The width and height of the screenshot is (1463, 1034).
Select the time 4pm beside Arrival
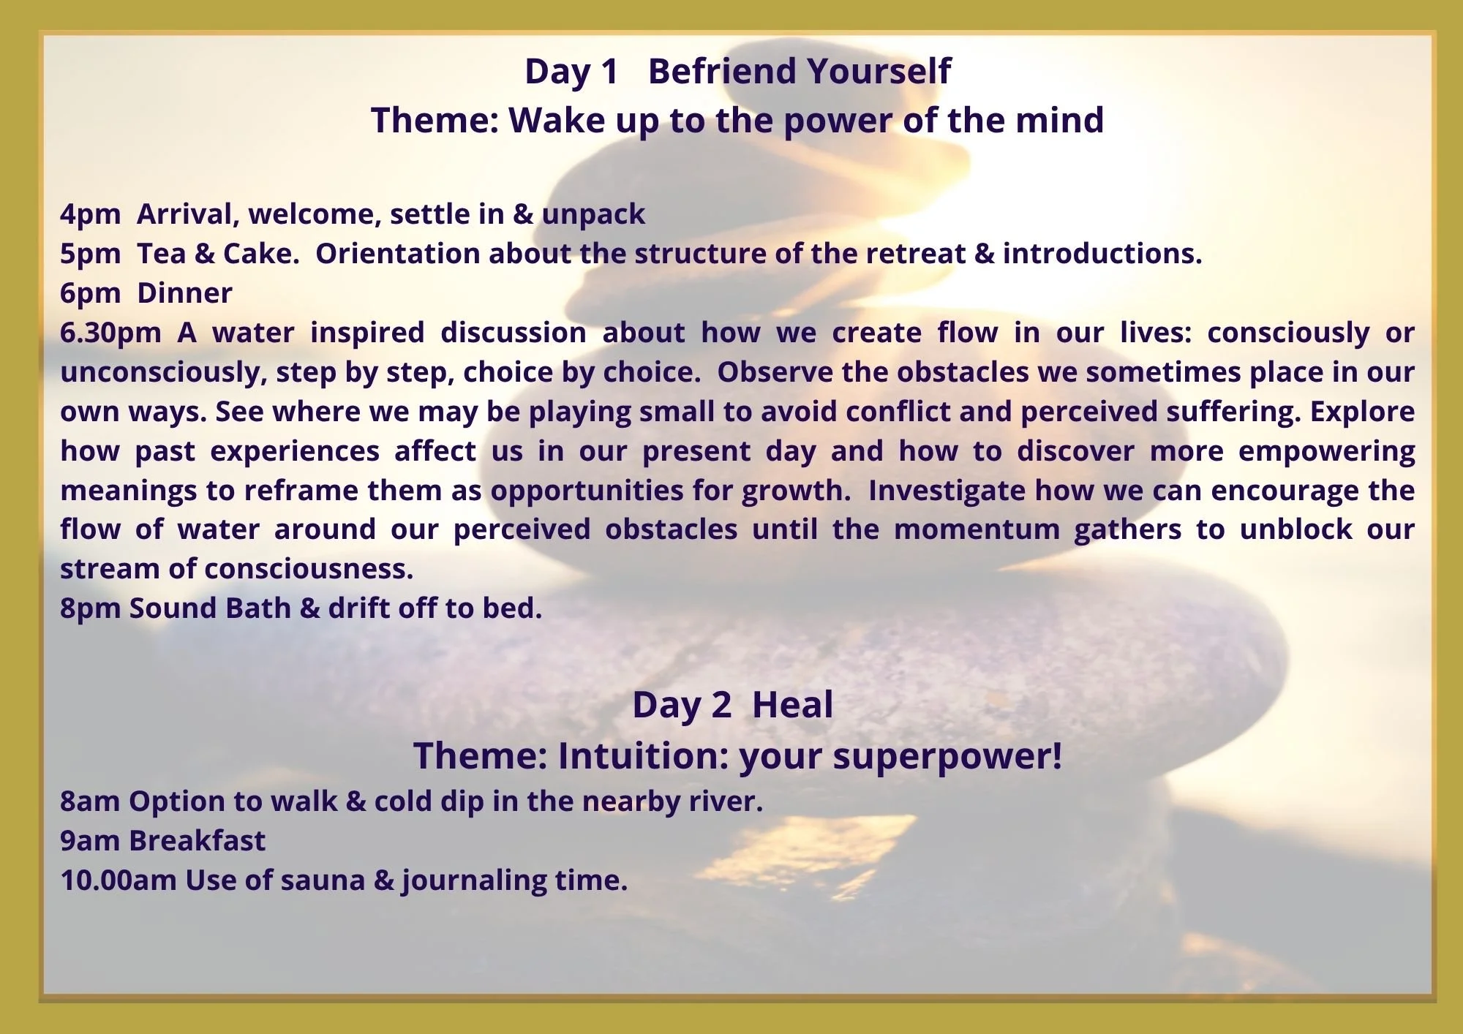click(90, 214)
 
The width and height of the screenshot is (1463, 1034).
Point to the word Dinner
click(184, 293)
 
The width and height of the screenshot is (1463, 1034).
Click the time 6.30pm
click(110, 333)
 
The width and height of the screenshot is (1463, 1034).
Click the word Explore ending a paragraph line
click(1361, 412)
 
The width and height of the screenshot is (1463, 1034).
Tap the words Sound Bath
click(210, 608)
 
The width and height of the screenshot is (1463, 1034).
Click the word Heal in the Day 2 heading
click(792, 706)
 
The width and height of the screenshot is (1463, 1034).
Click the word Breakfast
click(197, 841)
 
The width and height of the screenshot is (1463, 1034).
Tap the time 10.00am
click(118, 880)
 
